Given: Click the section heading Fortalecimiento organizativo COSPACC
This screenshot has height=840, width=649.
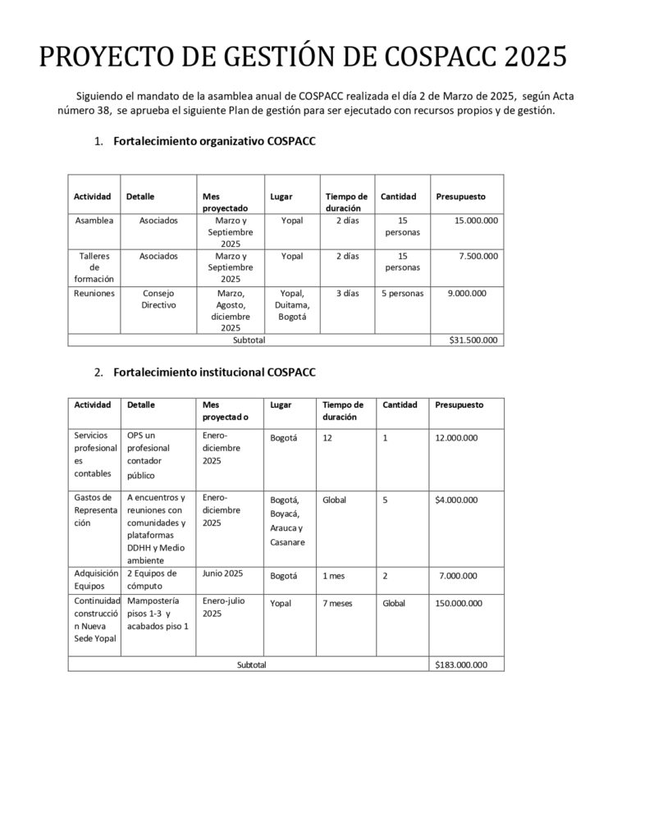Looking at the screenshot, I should pyautogui.click(x=214, y=142).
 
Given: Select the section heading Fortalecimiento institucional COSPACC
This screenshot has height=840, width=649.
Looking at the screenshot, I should pyautogui.click(x=214, y=372).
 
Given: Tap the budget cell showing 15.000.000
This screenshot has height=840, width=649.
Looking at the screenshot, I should pyautogui.click(x=476, y=221).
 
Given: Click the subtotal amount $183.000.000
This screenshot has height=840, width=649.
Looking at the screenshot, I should pyautogui.click(x=460, y=664).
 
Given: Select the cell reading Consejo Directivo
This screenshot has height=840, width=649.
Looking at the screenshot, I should pyautogui.click(x=158, y=299).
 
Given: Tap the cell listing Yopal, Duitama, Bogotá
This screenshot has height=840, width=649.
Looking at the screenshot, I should pyautogui.click(x=291, y=304).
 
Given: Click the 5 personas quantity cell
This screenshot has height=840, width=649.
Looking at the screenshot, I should pyautogui.click(x=402, y=293).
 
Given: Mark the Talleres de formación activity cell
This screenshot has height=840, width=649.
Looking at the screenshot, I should pyautogui.click(x=94, y=267).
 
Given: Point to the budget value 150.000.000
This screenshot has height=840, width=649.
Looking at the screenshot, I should pyautogui.click(x=458, y=603).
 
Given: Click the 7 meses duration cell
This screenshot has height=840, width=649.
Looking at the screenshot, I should pyautogui.click(x=337, y=603).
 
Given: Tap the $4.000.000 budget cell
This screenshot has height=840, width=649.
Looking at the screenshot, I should pyautogui.click(x=456, y=500).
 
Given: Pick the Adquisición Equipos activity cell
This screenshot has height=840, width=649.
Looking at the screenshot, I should pyautogui.click(x=96, y=579).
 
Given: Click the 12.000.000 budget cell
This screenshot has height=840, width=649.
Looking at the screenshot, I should pyautogui.click(x=456, y=438).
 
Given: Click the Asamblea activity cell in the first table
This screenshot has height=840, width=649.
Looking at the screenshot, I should pyautogui.click(x=94, y=221).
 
